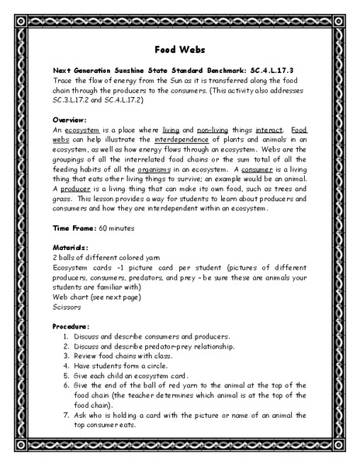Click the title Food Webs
tap(179, 47)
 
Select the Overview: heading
tap(70, 120)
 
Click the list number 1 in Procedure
tap(66, 336)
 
